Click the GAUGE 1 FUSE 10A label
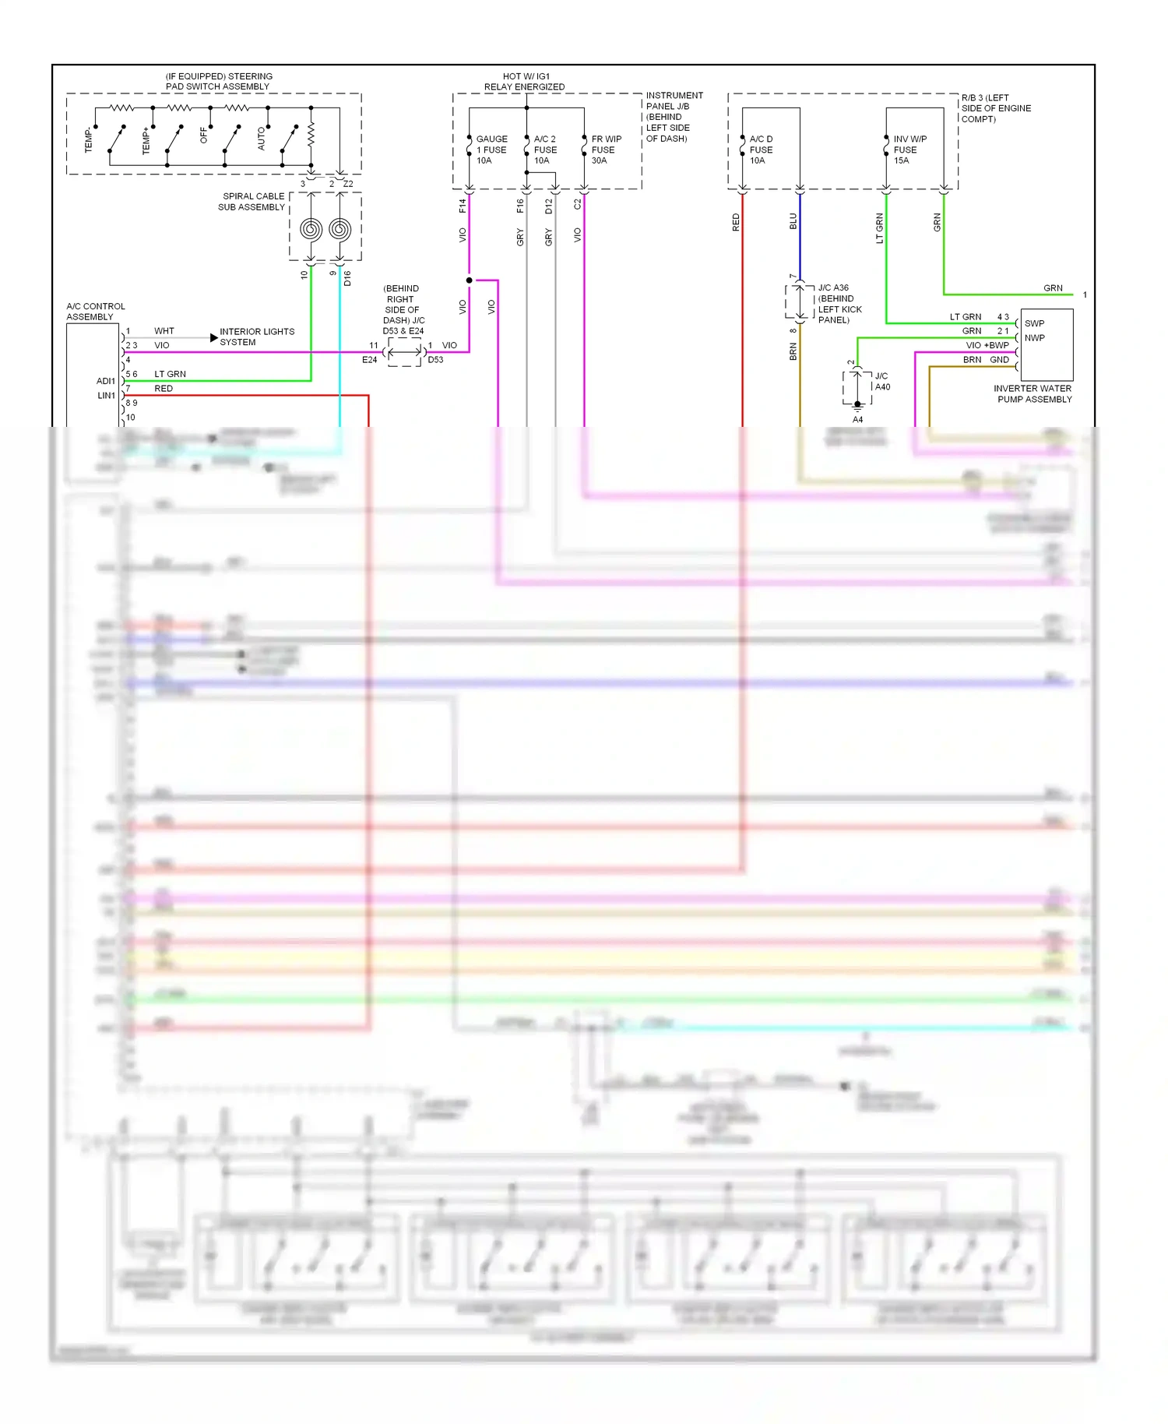point(491,150)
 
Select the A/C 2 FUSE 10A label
point(545,150)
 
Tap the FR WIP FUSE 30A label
point(606,150)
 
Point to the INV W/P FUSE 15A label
point(909,150)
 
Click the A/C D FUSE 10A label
point(761,150)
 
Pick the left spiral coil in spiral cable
point(311,229)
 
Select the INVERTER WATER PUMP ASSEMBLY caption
point(1033,393)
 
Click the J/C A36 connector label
point(833,287)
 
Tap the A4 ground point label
point(857,420)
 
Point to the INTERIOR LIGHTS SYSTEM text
point(256,337)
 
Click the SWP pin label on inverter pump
point(1034,323)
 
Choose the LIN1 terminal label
point(106,396)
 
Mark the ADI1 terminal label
point(105,381)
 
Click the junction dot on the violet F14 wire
point(469,280)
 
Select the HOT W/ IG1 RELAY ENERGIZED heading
point(525,82)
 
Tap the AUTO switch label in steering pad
point(262,139)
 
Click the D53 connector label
point(435,360)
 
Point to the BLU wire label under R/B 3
point(793,221)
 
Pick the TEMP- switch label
point(88,141)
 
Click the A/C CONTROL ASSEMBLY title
point(95,312)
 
